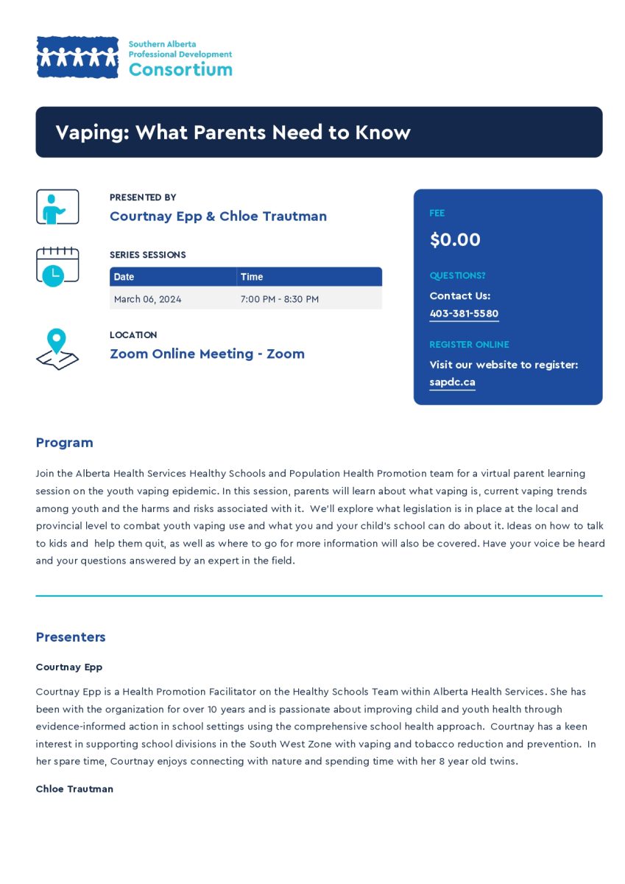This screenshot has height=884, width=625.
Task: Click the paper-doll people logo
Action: pyautogui.click(x=77, y=57)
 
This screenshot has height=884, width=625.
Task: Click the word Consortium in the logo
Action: pyautogui.click(x=180, y=70)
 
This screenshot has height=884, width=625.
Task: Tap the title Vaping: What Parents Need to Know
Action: pyautogui.click(x=233, y=133)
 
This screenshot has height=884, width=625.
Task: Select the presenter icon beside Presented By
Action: pyautogui.click(x=57, y=207)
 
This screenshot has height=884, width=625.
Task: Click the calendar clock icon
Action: pyautogui.click(x=57, y=266)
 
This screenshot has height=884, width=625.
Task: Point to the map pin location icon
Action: pyautogui.click(x=57, y=349)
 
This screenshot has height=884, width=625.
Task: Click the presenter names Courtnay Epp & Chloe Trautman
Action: pyautogui.click(x=218, y=216)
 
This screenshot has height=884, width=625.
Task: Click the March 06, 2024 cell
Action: pyautogui.click(x=148, y=299)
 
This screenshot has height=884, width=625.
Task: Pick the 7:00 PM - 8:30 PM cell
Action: pyautogui.click(x=280, y=299)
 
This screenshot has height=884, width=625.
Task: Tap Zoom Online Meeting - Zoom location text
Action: pyautogui.click(x=207, y=354)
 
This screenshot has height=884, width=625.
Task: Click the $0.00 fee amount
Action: pyautogui.click(x=455, y=239)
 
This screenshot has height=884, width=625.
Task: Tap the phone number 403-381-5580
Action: pyautogui.click(x=464, y=314)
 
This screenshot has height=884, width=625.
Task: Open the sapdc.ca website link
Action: pyautogui.click(x=452, y=382)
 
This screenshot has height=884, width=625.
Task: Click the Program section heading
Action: pyautogui.click(x=65, y=443)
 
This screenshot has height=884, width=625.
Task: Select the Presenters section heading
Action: pyautogui.click(x=71, y=637)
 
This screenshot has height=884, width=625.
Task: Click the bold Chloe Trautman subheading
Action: pyautogui.click(x=74, y=789)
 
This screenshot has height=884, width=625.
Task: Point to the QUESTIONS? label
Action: pyautogui.click(x=457, y=276)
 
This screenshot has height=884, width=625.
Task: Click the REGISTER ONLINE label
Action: pyautogui.click(x=469, y=345)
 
